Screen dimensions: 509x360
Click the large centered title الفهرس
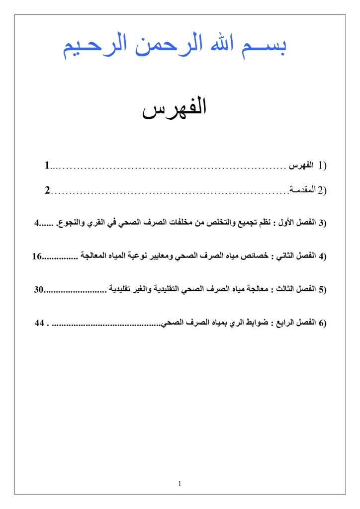click(x=175, y=109)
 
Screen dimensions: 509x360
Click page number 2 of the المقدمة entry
click(x=47, y=191)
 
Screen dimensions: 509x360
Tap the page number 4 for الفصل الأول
click(x=36, y=222)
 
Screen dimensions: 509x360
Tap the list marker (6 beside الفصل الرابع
click(x=322, y=323)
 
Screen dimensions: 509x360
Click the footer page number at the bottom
click(x=180, y=483)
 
